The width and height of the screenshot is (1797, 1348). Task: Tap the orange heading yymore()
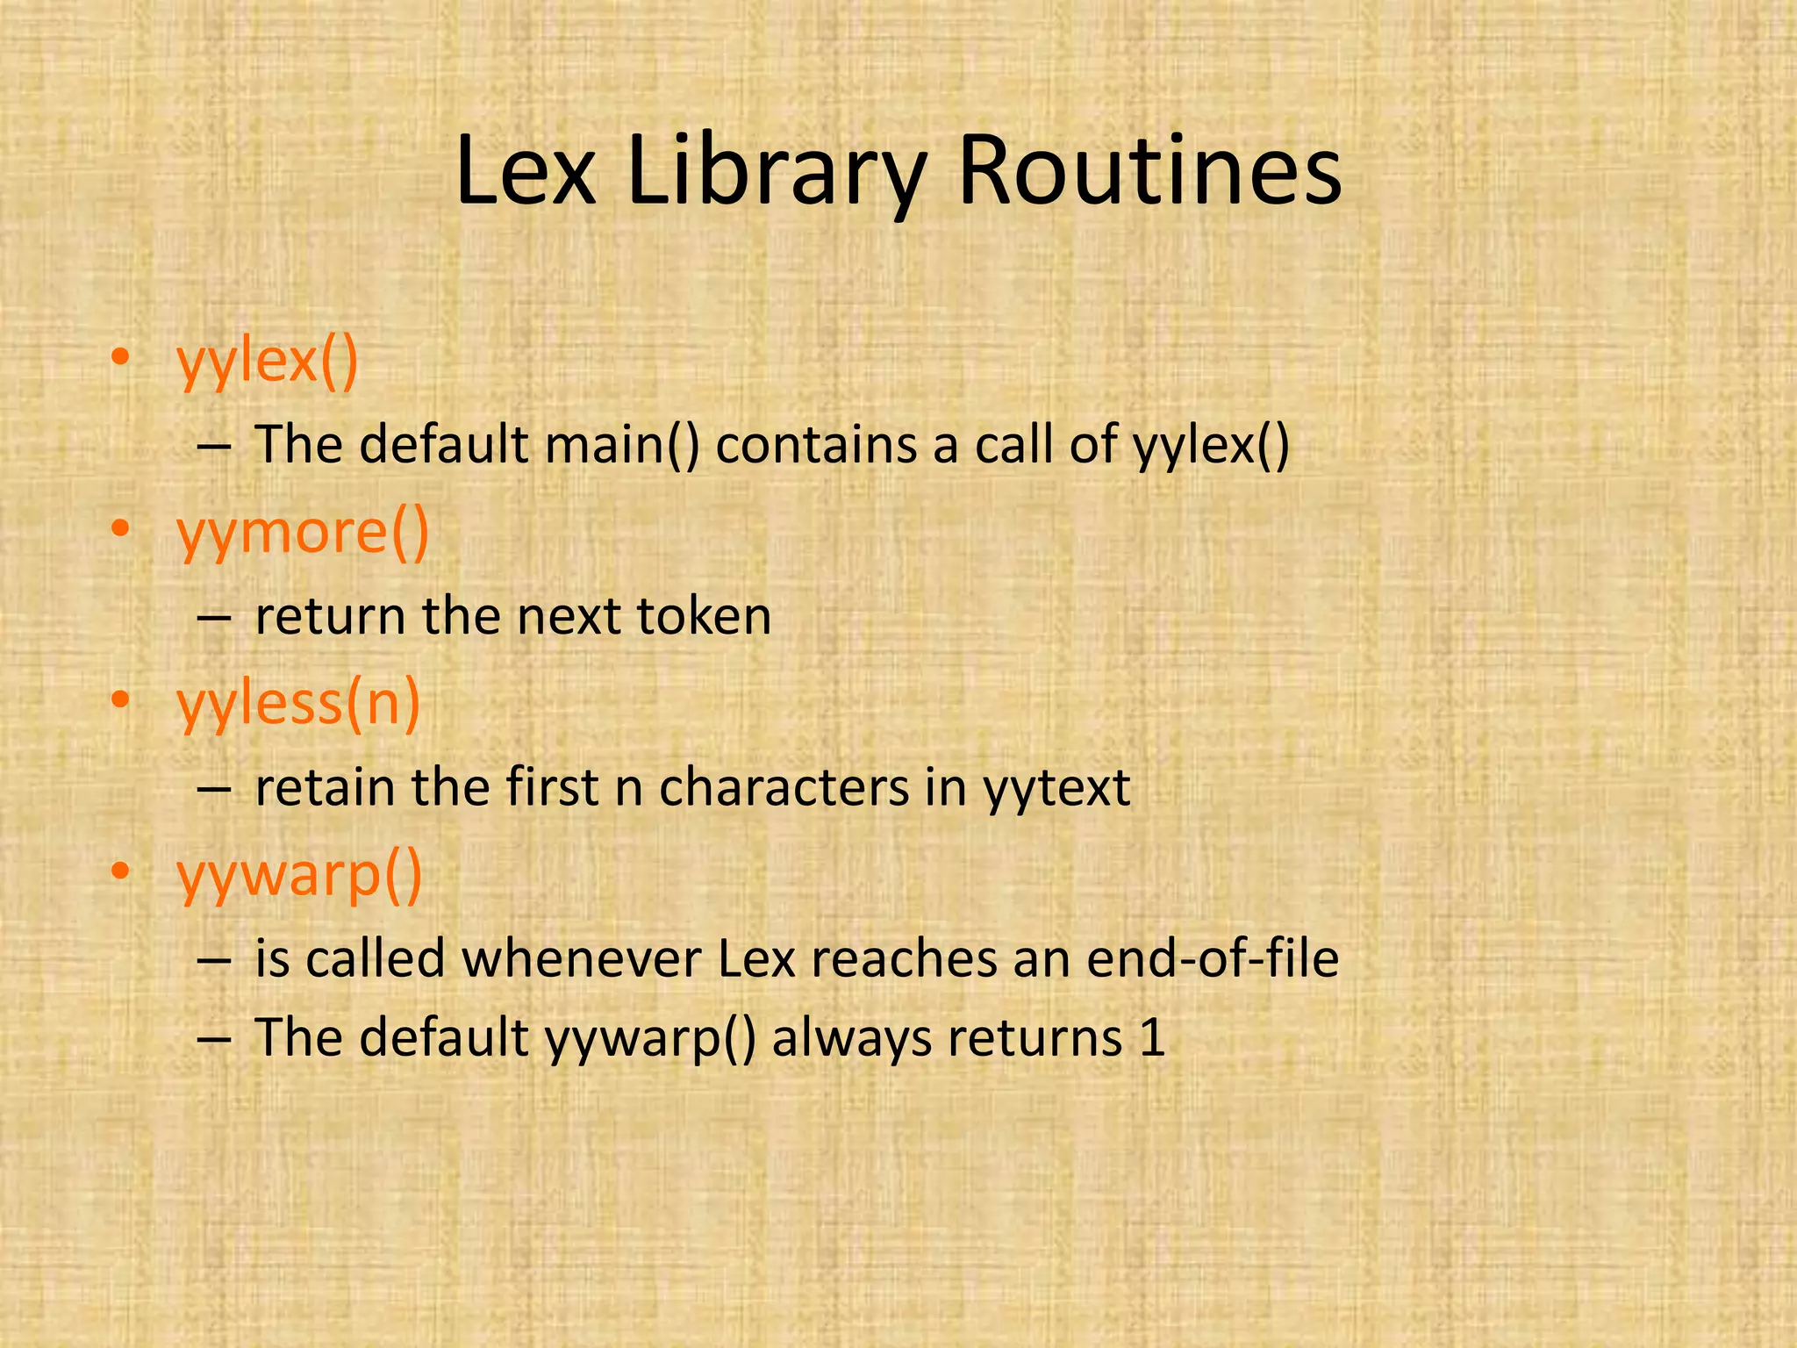coord(303,533)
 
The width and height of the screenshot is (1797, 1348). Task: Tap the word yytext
coord(1056,787)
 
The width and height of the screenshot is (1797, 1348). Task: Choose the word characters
coord(784,787)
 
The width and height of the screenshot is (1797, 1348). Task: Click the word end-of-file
coord(1212,958)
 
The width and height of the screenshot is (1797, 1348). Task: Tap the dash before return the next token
coord(214,618)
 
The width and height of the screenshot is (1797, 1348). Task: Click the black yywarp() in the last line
coord(650,1038)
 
